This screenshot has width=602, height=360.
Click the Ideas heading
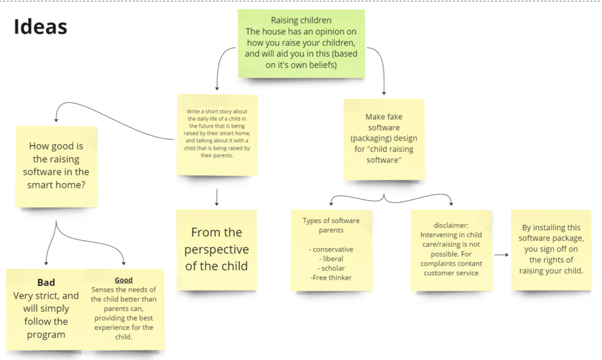coord(41,26)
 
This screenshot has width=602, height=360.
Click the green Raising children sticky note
coord(302,44)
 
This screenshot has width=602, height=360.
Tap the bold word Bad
coord(46,282)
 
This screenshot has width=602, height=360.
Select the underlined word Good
coord(123,280)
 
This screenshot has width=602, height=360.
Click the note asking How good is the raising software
coord(56,166)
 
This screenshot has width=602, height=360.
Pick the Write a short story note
coord(218,135)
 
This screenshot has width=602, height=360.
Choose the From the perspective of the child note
coord(216,249)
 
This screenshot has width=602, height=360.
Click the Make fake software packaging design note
coord(384,139)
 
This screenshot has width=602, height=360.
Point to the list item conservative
coord(331,249)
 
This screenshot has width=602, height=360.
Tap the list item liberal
coord(331,259)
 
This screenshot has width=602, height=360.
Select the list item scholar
coord(331,268)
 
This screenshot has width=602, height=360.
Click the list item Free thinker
coord(331,278)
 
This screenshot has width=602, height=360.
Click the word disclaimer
coord(451,225)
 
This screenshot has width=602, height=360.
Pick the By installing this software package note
coord(551,250)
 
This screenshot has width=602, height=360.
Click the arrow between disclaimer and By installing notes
coord(501,255)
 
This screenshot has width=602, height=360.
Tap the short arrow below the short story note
coord(217,197)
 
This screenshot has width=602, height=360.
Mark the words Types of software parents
coord(331,225)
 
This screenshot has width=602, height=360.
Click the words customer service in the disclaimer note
coord(451,273)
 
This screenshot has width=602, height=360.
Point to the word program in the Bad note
coord(46,335)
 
